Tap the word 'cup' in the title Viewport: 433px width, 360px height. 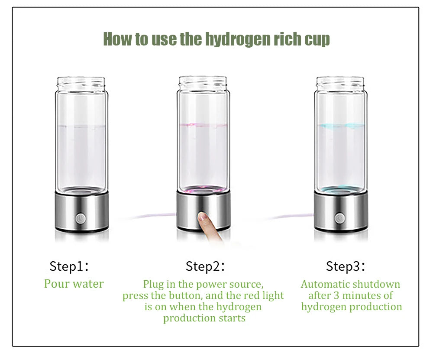click(317, 39)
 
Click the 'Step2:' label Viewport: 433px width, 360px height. click(205, 266)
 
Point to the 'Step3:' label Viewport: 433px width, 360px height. click(346, 266)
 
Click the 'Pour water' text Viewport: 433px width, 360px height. click(74, 284)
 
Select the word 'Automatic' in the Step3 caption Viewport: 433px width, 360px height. click(325, 285)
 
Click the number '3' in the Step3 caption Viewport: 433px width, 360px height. click(338, 295)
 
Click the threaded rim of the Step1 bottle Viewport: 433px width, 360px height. click(81, 82)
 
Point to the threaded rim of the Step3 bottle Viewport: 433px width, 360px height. click(339, 82)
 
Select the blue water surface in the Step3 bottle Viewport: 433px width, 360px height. click(339, 126)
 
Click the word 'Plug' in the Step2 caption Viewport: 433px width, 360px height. click(153, 285)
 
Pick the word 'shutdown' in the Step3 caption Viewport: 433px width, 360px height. click(376, 285)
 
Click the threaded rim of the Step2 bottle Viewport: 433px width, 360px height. click(203, 82)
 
